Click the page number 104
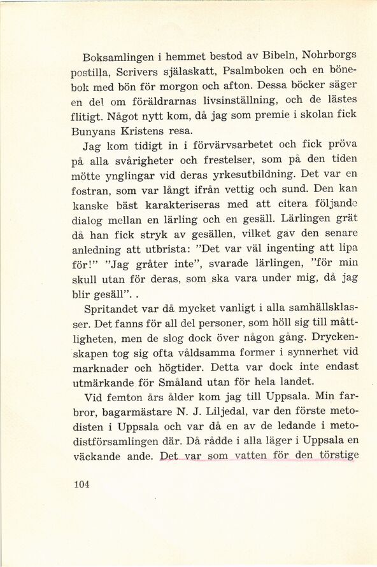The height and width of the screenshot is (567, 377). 81,484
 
